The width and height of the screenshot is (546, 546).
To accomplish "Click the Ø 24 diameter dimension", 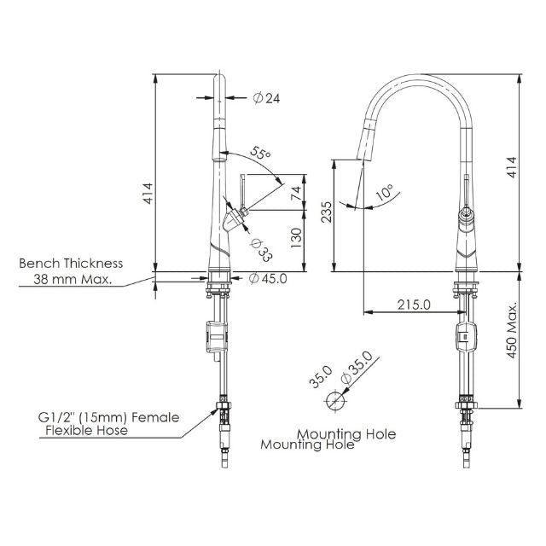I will (x=266, y=98).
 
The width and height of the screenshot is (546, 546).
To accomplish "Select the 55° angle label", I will (x=260, y=154).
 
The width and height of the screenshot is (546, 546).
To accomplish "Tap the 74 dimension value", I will (x=296, y=192).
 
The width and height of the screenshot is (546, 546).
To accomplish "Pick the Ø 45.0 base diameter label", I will (x=268, y=277).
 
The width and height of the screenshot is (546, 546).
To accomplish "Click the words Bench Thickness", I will (x=71, y=264).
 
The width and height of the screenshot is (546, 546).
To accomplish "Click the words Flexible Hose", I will (x=86, y=431).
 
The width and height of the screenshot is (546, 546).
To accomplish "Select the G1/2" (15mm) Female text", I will (x=108, y=417).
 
